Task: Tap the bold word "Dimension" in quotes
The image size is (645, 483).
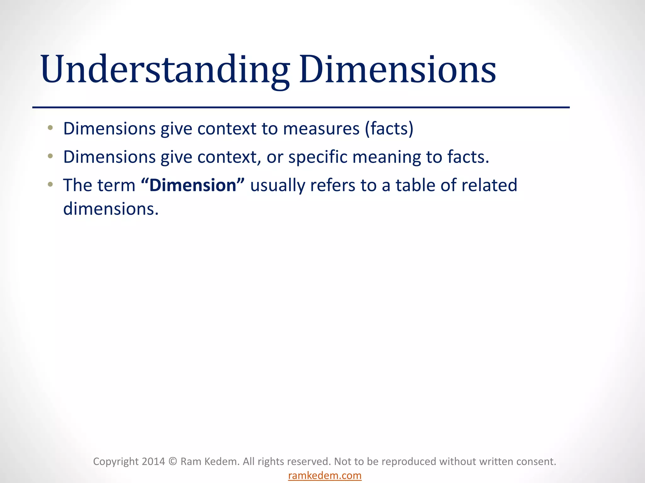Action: (193, 185)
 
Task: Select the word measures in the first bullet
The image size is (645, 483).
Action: (321, 129)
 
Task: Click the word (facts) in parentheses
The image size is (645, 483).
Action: (389, 129)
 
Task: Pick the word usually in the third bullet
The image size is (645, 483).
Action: (277, 185)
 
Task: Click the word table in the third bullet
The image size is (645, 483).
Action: (415, 185)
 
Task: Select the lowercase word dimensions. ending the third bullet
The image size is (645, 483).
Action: (111, 209)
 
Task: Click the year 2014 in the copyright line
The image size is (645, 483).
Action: (153, 462)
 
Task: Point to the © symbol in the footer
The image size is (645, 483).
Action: (173, 462)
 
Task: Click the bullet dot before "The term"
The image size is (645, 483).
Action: (50, 185)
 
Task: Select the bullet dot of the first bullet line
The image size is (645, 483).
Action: (50, 128)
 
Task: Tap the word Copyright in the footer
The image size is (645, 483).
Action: (116, 462)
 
